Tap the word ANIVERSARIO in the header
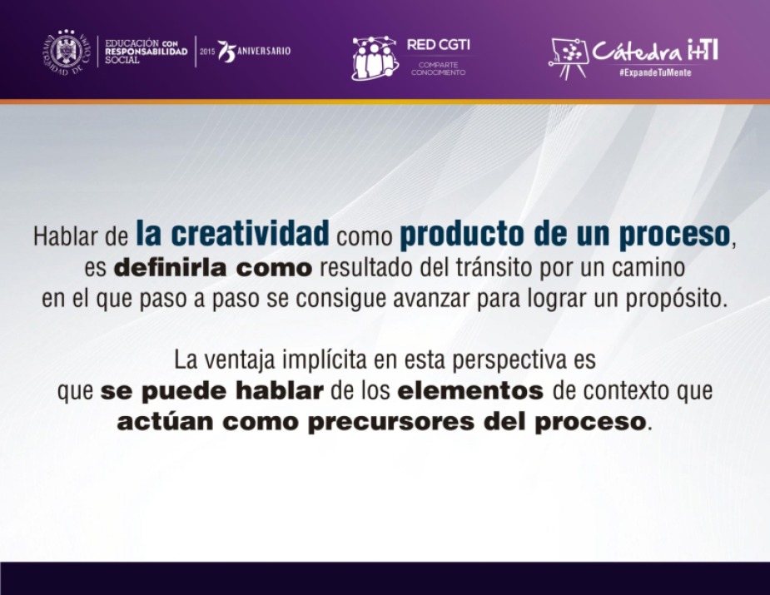pyautogui.click(x=264, y=51)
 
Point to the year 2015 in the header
pyautogui.click(x=207, y=52)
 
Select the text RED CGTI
pyautogui.click(x=438, y=45)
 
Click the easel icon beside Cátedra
pyautogui.click(x=569, y=59)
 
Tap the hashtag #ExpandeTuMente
pyautogui.click(x=655, y=72)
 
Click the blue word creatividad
pyautogui.click(x=250, y=233)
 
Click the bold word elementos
pyautogui.click(x=470, y=391)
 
